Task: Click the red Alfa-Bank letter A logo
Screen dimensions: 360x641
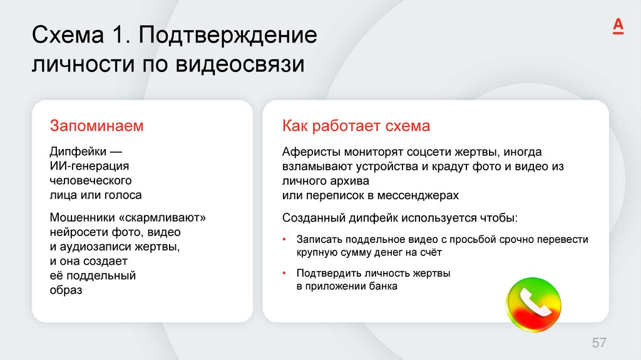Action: coord(617,26)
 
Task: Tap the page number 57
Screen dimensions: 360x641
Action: coord(599,342)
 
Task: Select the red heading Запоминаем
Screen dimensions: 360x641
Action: coord(96,126)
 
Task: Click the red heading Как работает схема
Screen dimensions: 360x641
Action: coord(356,126)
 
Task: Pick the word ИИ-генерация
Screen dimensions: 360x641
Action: coord(89,167)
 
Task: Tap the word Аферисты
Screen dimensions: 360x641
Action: coord(307,152)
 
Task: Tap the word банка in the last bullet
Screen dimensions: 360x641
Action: coord(383,287)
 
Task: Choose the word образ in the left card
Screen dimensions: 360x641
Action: coord(66,290)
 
